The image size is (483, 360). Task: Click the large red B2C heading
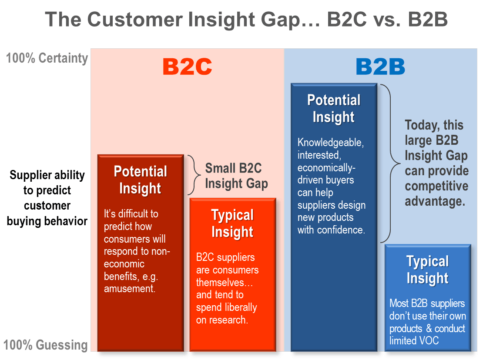click(x=187, y=67)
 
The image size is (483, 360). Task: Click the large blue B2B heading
click(x=380, y=67)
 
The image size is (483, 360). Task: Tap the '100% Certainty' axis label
click(x=47, y=58)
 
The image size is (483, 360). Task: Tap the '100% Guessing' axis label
click(x=46, y=345)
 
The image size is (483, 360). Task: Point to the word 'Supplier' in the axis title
click(x=27, y=175)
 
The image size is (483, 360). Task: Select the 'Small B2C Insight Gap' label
click(x=236, y=176)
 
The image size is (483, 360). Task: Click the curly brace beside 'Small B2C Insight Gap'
click(x=194, y=175)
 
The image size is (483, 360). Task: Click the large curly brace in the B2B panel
click(x=390, y=163)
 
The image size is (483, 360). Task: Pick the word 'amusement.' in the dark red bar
click(x=129, y=289)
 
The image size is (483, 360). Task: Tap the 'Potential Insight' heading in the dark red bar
click(x=140, y=180)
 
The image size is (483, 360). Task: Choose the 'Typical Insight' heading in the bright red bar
click(x=232, y=223)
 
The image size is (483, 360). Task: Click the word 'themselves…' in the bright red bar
click(x=225, y=282)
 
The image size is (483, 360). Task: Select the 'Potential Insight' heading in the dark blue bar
click(x=334, y=109)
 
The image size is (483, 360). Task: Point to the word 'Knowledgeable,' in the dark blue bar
click(x=331, y=143)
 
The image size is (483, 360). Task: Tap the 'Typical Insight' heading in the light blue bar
click(x=428, y=270)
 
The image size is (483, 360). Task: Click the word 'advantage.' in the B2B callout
click(x=435, y=201)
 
